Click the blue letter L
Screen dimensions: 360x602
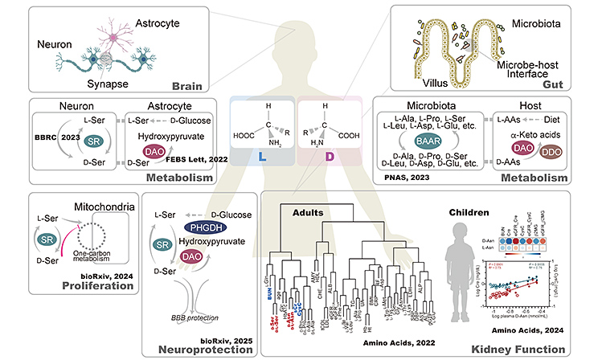[x=263, y=173]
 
